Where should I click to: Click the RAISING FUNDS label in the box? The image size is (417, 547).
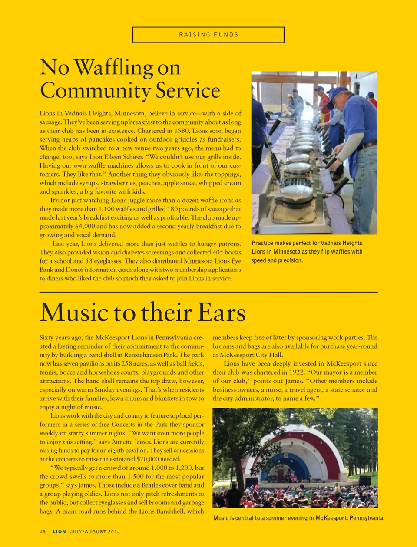208,35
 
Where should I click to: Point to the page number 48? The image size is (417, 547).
43,531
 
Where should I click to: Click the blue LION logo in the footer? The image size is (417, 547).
60,531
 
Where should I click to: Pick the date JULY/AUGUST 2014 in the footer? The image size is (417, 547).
95,531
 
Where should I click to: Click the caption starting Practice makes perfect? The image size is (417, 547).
307,252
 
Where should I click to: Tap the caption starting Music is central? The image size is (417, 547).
299,518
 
